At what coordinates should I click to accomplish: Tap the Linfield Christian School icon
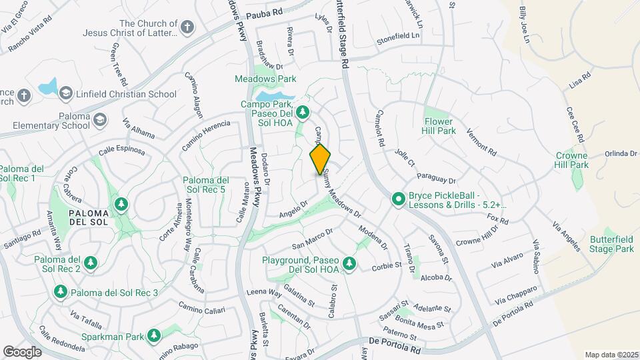coord(65,93)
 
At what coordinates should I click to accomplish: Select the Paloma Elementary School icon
coord(99,119)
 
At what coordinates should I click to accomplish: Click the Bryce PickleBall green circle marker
coord(399,199)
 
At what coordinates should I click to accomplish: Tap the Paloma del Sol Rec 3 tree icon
coord(60,292)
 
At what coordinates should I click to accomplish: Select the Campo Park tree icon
coord(303,111)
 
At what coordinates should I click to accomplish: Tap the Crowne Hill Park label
coord(572,160)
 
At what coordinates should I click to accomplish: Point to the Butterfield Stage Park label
coord(611,244)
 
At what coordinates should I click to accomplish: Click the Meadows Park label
coord(265,79)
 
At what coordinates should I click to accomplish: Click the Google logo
coord(23,351)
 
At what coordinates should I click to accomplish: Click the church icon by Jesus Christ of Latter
coord(188,28)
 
